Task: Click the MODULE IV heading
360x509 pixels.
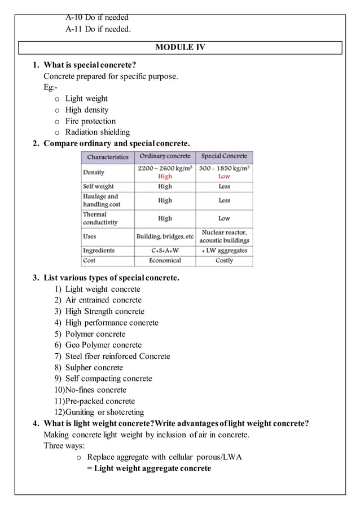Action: coord(180,47)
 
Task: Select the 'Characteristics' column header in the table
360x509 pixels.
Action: coord(108,157)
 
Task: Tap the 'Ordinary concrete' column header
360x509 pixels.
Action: coord(165,156)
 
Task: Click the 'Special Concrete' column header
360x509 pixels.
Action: coord(224,156)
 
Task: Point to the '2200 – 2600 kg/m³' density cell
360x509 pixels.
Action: coord(165,168)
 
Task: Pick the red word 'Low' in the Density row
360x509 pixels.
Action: coord(224,177)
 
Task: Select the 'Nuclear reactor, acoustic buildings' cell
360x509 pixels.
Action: coord(224,236)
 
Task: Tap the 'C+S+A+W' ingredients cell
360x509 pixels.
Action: coord(165,251)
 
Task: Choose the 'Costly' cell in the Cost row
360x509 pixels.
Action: coord(224,261)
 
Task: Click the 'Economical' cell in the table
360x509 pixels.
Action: coord(165,261)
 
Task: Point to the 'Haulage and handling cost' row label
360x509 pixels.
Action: coord(102,200)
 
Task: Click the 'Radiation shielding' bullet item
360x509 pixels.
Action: coord(98,132)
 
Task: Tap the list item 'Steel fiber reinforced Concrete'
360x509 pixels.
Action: coord(117,356)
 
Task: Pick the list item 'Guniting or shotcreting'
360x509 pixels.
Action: coord(104,412)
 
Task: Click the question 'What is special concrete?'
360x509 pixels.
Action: coord(90,64)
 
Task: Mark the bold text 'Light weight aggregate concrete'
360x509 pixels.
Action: coord(152,468)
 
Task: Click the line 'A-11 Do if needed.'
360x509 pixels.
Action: coord(98,29)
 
